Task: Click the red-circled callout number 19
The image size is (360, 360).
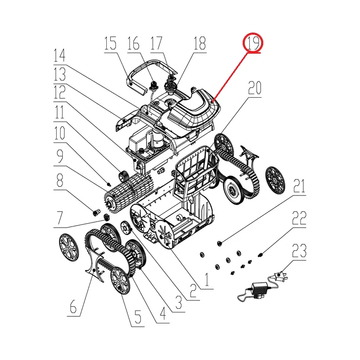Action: (x=253, y=43)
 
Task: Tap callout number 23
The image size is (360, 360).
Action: (x=299, y=251)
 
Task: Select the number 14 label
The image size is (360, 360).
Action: (x=60, y=56)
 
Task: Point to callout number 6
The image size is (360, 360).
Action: (x=73, y=306)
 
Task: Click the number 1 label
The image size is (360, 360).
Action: (x=207, y=279)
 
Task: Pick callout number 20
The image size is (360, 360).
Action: (x=255, y=88)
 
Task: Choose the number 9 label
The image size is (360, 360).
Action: (x=60, y=156)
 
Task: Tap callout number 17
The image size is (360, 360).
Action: (x=156, y=43)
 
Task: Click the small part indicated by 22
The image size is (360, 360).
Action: (x=260, y=255)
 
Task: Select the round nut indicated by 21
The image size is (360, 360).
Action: (x=219, y=243)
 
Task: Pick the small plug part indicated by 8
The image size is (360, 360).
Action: (x=96, y=213)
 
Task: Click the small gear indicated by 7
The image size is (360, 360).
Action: (x=106, y=217)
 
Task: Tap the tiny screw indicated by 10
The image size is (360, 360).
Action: (x=109, y=184)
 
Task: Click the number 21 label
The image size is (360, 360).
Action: (x=299, y=187)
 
